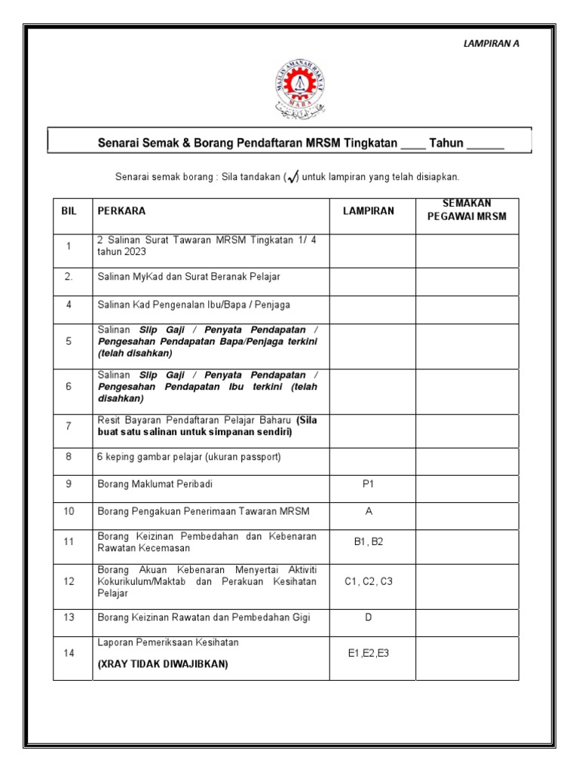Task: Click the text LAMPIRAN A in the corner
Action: [x=491, y=43]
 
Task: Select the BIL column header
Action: [x=69, y=211]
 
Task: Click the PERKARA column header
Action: [x=121, y=211]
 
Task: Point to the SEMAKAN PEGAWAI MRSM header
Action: [x=467, y=210]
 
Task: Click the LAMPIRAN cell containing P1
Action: [x=369, y=485]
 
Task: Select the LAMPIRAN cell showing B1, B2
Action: [x=369, y=542]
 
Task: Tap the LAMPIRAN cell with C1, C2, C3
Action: [x=369, y=581]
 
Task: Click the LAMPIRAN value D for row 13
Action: [x=369, y=617]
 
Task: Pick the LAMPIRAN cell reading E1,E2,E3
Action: [x=369, y=654]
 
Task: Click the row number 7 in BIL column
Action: [x=69, y=426]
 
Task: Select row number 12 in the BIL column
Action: [x=69, y=581]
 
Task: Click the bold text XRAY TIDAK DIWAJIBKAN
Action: [x=163, y=664]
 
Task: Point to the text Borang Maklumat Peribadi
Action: [x=150, y=485]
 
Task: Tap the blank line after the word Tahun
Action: [x=486, y=143]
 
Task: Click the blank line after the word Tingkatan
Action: [x=413, y=143]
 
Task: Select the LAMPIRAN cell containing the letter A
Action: [x=369, y=511]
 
